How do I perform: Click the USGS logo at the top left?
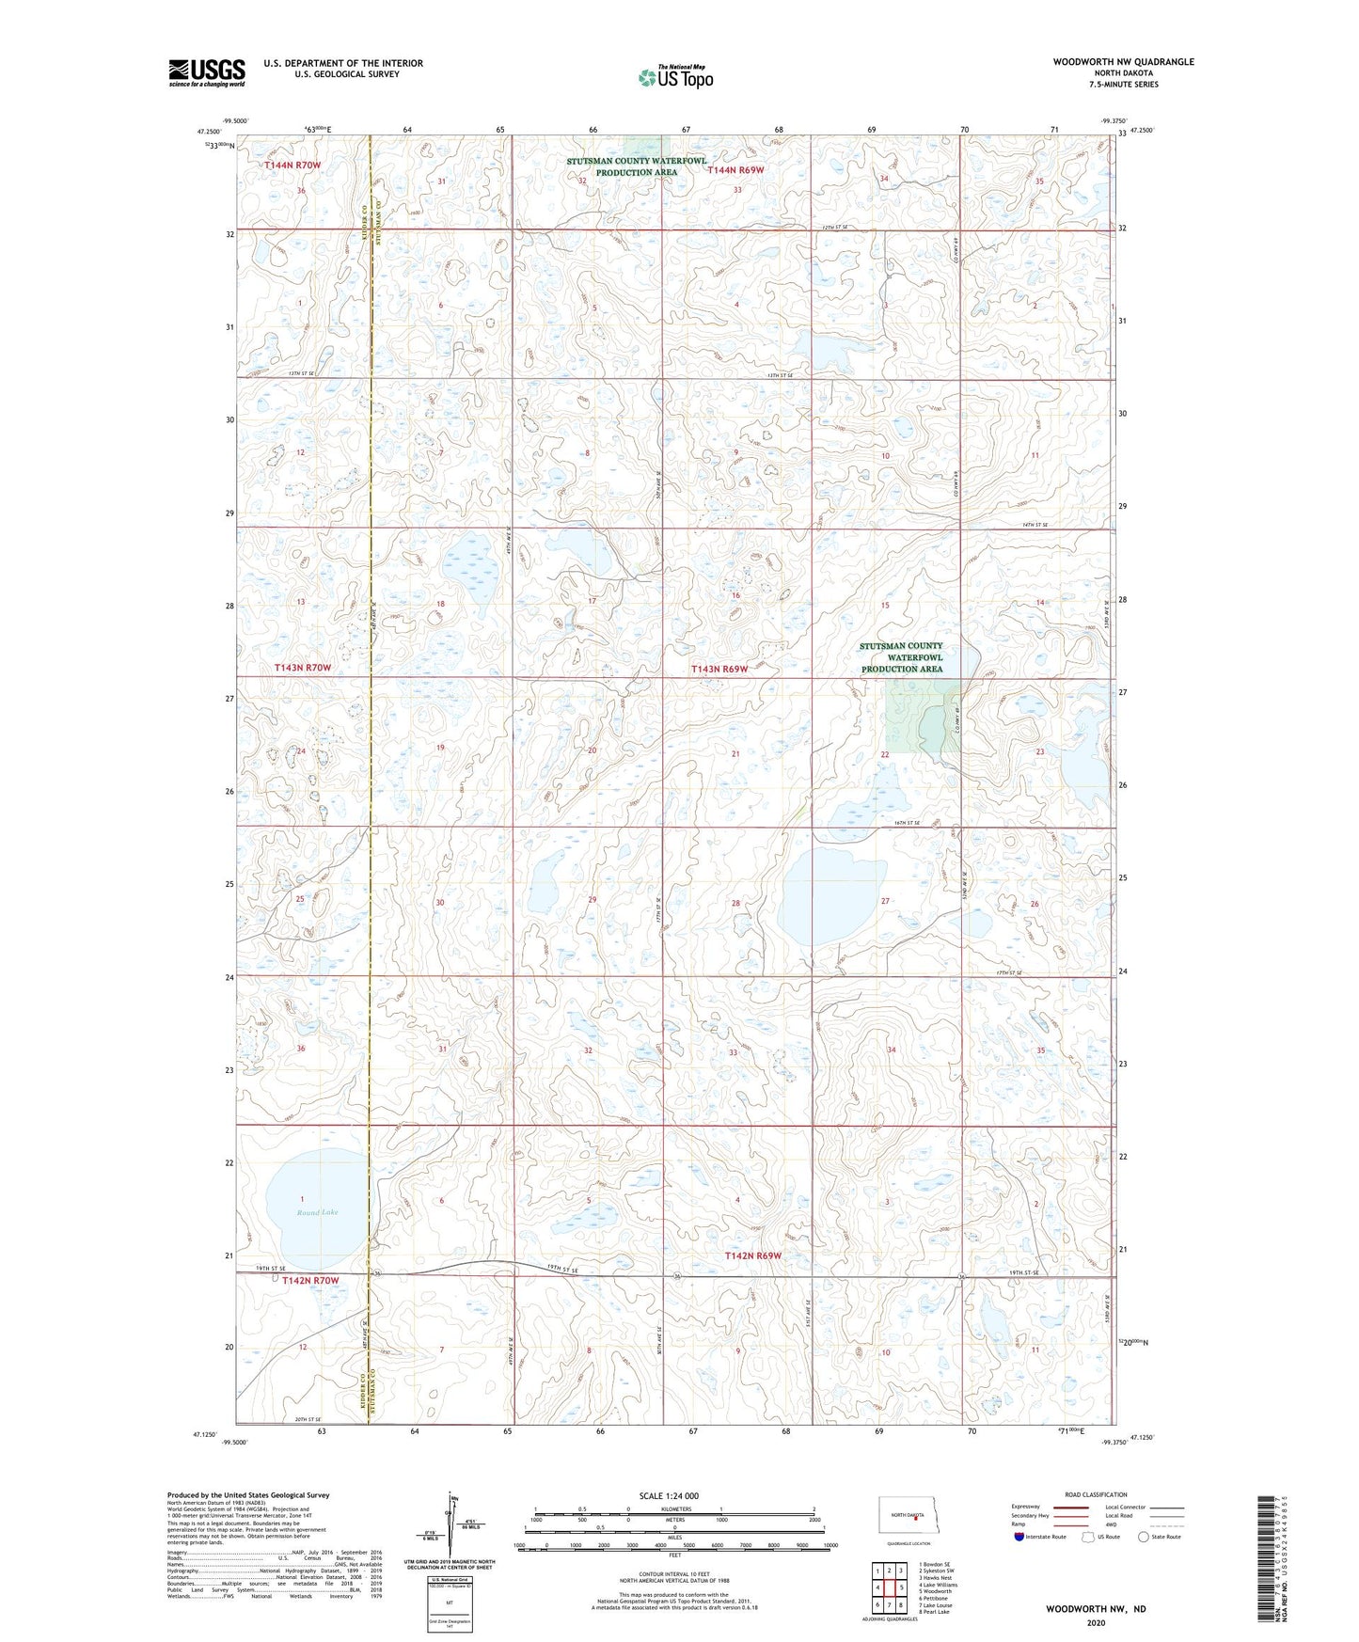click(206, 72)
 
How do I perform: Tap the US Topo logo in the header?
click(676, 77)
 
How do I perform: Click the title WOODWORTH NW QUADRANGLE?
click(1123, 62)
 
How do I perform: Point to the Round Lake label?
click(317, 1212)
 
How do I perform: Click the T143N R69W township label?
click(719, 669)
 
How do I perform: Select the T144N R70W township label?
click(292, 166)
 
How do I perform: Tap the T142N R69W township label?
click(753, 1255)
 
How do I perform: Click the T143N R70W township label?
click(303, 668)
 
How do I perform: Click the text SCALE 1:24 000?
click(669, 1495)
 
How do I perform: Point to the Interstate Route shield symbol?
click(1019, 1537)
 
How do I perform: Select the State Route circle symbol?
click(1144, 1537)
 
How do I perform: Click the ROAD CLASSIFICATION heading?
click(1096, 1494)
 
